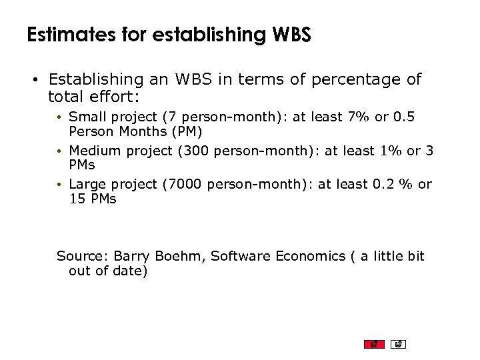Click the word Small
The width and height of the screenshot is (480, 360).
(x=88, y=117)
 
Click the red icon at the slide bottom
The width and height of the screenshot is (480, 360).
(x=374, y=344)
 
